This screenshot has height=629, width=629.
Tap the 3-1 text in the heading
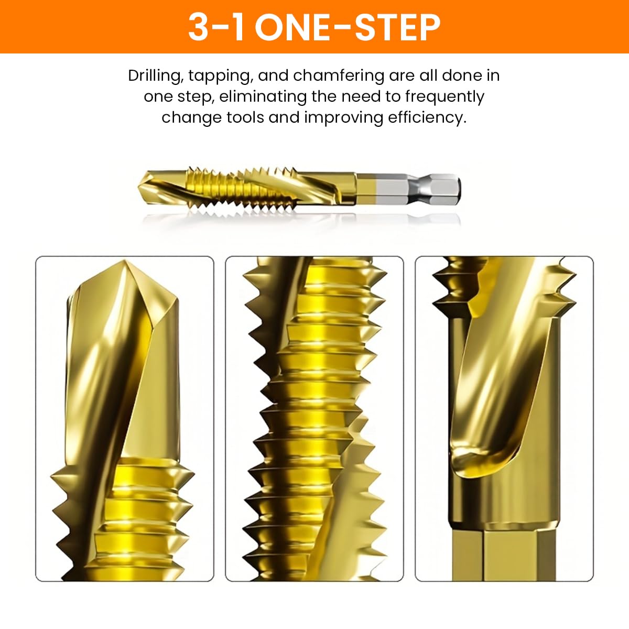(x=216, y=27)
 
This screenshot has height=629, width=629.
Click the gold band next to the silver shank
(x=365, y=190)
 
